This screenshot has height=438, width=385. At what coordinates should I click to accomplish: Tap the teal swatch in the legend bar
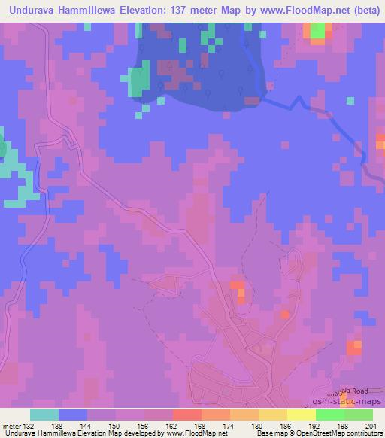(x=44, y=415)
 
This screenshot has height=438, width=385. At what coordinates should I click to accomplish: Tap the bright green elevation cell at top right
(x=318, y=30)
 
